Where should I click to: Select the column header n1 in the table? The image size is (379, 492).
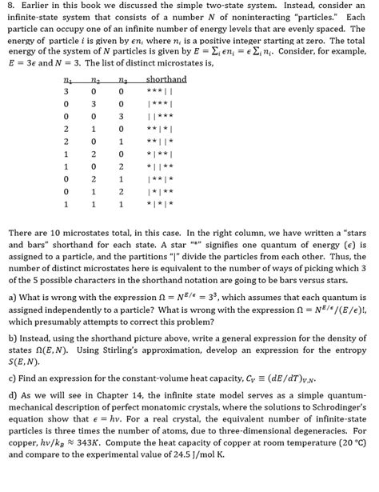tap(66, 79)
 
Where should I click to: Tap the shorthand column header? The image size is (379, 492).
tap(166, 79)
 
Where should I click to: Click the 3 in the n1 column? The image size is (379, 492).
tap(66, 92)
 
